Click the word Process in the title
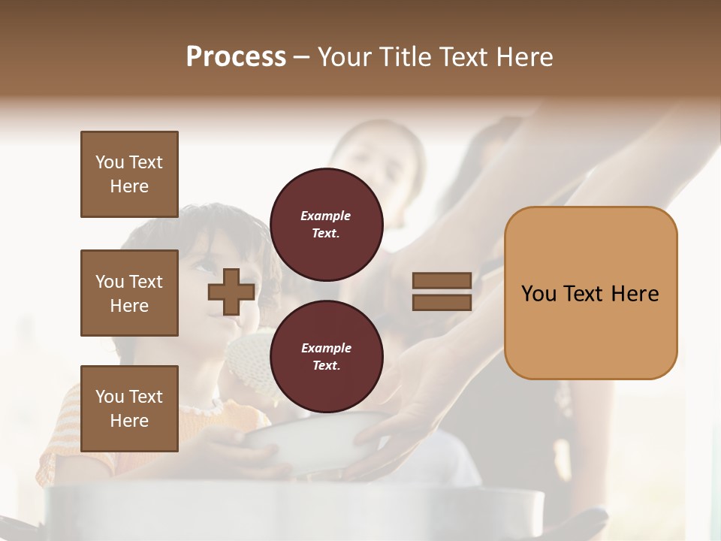pyautogui.click(x=236, y=57)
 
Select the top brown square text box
pyautogui.click(x=129, y=174)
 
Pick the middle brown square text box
pyautogui.click(x=129, y=293)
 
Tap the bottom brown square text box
pyautogui.click(x=129, y=408)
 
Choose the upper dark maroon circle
pyautogui.click(x=326, y=224)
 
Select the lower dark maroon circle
pyautogui.click(x=326, y=356)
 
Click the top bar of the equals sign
pyautogui.click(x=442, y=280)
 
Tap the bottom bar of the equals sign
pyautogui.click(x=442, y=302)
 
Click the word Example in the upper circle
pyautogui.click(x=326, y=216)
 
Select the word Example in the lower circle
pyautogui.click(x=326, y=348)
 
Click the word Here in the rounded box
pyautogui.click(x=635, y=293)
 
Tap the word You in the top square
pyautogui.click(x=108, y=162)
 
